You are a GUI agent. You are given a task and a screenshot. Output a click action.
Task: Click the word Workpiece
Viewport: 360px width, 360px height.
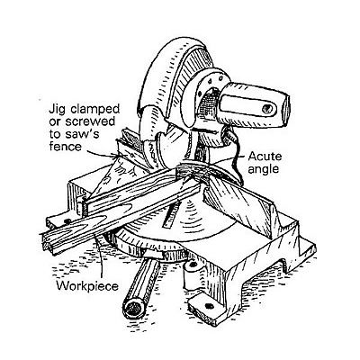pyautogui.click(x=87, y=286)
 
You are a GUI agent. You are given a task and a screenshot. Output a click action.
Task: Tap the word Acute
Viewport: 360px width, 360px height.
pyautogui.click(x=265, y=157)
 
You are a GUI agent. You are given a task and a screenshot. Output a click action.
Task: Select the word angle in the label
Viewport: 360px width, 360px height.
pyautogui.click(x=264, y=170)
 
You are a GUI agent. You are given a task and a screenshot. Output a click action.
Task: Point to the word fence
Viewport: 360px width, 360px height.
pyautogui.click(x=65, y=147)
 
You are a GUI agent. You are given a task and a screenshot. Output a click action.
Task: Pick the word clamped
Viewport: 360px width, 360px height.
pyautogui.click(x=94, y=110)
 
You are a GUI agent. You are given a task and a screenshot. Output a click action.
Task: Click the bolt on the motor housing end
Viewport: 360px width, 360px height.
pyautogui.click(x=266, y=108)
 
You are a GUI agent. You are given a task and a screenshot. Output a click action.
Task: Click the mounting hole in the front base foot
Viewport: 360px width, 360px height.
pyautogui.click(x=209, y=306)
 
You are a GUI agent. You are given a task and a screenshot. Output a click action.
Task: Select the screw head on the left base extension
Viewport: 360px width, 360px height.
pyautogui.click(x=67, y=221)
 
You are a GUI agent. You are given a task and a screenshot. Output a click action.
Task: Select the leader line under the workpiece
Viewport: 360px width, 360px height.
pyautogui.click(x=101, y=256)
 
